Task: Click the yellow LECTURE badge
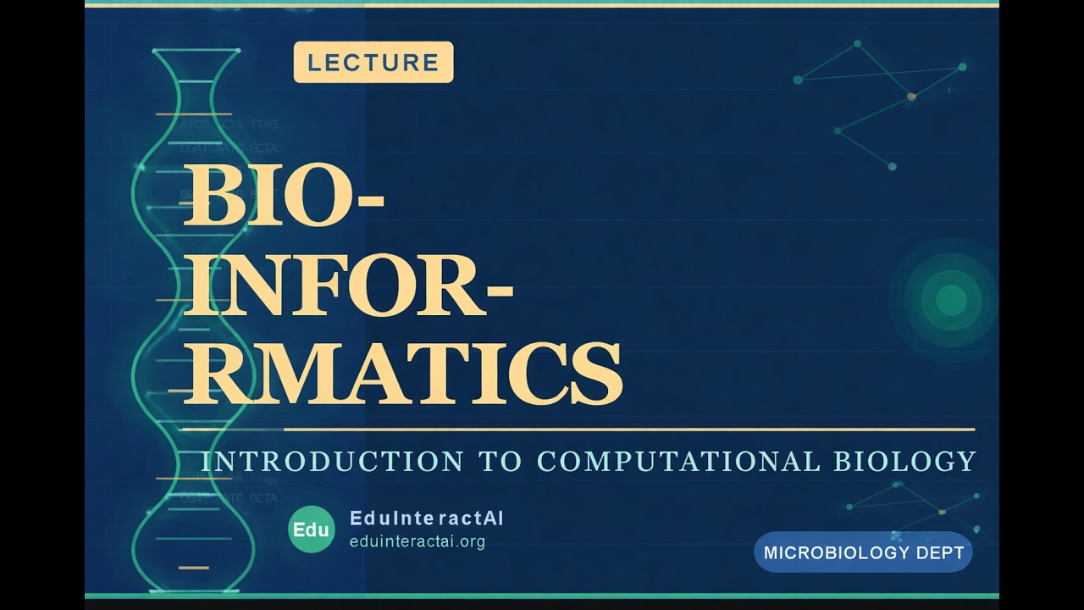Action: tap(373, 63)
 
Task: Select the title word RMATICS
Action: tap(403, 373)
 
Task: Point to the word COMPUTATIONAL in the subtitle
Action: tap(678, 462)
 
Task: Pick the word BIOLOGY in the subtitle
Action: tap(905, 462)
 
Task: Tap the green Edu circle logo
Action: tap(311, 530)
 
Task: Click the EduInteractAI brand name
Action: tap(426, 518)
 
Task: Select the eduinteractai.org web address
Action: tap(418, 541)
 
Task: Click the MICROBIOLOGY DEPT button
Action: tap(863, 553)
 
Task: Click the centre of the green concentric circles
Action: tap(951, 299)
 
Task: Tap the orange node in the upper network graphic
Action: tap(911, 97)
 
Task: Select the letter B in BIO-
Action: tap(213, 196)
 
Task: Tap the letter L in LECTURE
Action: tap(313, 63)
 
